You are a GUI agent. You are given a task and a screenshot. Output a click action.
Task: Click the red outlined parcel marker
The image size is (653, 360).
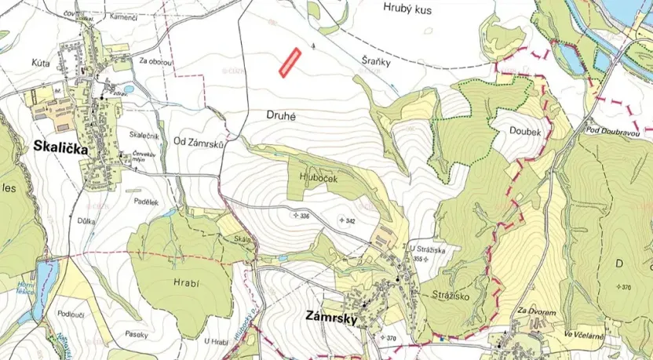[290, 62]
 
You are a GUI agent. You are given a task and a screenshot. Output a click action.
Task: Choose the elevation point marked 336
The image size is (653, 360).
[301, 215]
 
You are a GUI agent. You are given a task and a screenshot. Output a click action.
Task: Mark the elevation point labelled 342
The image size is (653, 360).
[346, 221]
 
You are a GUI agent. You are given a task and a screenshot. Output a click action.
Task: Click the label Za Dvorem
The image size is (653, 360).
[538, 312]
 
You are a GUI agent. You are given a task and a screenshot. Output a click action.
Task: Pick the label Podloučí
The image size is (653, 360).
[71, 313]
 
